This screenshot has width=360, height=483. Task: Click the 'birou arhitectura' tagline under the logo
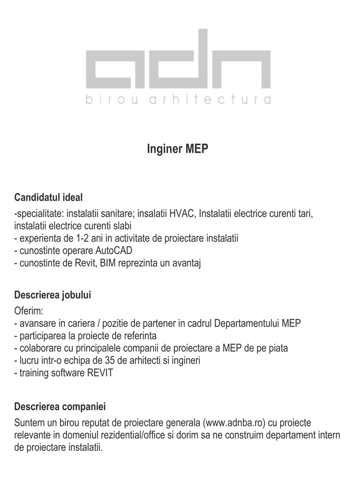click(177, 100)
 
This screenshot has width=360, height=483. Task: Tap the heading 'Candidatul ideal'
click(49, 197)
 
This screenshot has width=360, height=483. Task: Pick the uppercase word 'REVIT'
click(100, 373)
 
